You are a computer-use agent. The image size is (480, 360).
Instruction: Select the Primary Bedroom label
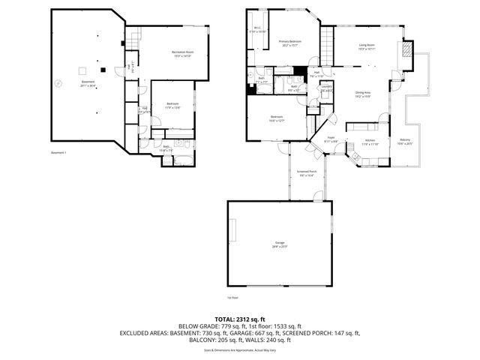pos(290,43)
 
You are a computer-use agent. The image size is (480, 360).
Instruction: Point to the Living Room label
pos(367,46)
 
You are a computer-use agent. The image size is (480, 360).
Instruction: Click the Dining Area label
pos(363,94)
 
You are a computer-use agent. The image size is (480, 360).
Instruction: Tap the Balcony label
pos(405,142)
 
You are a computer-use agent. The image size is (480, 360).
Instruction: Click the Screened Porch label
pos(305,172)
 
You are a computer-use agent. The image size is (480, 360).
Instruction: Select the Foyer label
pos(330,139)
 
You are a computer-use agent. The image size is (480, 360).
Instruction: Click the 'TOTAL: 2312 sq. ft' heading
pos(239,319)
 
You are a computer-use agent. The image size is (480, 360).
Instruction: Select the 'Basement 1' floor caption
pos(59,153)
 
